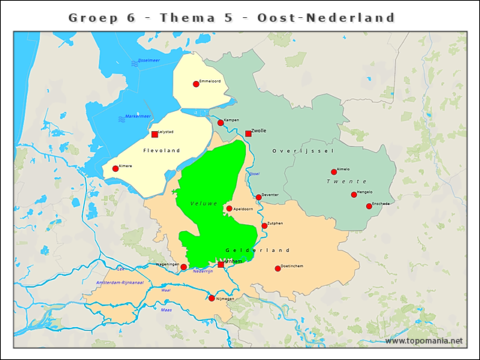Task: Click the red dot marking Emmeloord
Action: [196, 84]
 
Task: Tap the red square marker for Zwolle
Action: [248, 134]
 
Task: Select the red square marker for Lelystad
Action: [154, 135]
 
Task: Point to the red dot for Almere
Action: [115, 169]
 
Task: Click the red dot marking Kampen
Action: [220, 123]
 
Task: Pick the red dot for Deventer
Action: [259, 197]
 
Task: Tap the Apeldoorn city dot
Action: [229, 208]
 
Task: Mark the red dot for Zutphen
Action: [264, 226]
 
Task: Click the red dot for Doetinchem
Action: [277, 268]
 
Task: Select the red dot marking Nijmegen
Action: [211, 298]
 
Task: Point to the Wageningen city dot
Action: [184, 267]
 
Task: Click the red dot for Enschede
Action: [369, 206]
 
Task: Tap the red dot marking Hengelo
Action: [354, 195]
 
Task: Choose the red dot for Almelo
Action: [334, 172]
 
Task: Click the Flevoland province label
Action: [161, 151]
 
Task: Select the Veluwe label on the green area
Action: [203, 204]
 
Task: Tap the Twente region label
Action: [346, 182]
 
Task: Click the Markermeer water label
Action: [138, 116]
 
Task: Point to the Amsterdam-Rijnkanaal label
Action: [119, 282]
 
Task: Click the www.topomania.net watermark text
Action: [424, 341]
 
